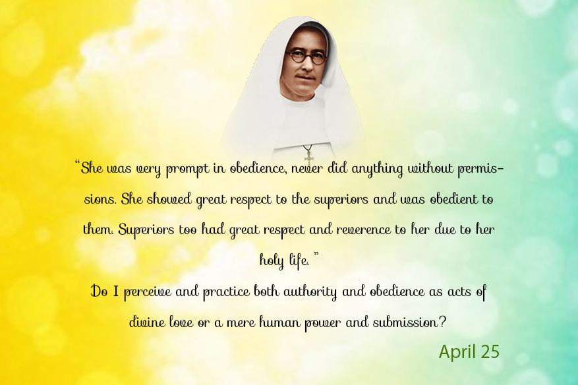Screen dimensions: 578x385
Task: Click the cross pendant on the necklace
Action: (308, 156)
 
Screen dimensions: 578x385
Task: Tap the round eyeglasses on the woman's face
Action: (306, 57)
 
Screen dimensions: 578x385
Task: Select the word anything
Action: (377, 169)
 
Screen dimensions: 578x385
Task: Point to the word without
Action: (430, 169)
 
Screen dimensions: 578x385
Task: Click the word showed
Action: (169, 199)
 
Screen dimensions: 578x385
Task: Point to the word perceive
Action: (148, 293)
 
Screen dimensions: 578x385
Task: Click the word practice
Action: (226, 293)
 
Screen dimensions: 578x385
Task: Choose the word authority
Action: (310, 293)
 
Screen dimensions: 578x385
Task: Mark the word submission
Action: (405, 322)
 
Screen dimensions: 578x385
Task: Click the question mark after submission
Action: (442, 322)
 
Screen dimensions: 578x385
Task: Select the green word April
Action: (455, 352)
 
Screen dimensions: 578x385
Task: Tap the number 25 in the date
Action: (488, 351)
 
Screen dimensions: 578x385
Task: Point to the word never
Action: (307, 169)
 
